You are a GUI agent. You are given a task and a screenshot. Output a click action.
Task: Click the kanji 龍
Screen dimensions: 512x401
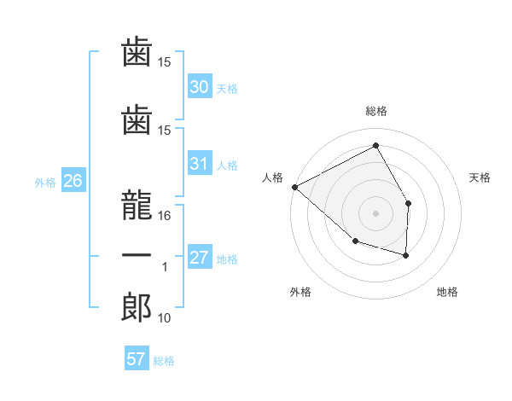(137, 205)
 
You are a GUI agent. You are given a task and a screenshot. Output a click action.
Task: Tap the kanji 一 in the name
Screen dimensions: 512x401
(137, 255)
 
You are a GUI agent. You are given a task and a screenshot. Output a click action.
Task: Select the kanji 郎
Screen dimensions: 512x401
(137, 307)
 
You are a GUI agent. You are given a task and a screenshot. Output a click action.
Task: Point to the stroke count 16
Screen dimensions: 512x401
(164, 216)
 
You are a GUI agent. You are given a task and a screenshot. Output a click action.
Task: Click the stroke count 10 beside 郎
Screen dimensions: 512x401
(164, 317)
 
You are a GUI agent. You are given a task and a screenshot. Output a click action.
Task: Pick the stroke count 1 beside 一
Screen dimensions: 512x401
(165, 267)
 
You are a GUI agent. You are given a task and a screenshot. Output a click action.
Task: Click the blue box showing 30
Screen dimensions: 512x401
(200, 85)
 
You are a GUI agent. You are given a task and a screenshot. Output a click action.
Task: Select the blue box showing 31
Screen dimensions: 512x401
(200, 162)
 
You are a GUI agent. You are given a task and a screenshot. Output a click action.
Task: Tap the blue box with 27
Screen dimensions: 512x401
(200, 256)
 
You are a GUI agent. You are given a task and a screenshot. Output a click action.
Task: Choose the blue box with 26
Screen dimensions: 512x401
(73, 180)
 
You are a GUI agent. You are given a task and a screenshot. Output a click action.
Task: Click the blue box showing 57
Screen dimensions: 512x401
(137, 357)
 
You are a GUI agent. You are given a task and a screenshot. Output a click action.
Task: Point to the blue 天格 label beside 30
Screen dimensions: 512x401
(227, 89)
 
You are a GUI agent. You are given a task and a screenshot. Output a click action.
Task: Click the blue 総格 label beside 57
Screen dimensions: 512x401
(164, 361)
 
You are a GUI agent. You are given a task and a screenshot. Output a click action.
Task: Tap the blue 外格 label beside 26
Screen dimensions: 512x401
(45, 183)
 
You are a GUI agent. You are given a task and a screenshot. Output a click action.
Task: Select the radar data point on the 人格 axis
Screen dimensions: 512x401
(295, 187)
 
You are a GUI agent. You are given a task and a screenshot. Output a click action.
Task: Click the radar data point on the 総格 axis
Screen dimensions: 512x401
(375, 145)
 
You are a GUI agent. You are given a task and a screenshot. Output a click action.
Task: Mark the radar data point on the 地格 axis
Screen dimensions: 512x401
(405, 255)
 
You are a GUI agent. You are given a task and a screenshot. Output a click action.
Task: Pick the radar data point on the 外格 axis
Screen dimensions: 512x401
(356, 241)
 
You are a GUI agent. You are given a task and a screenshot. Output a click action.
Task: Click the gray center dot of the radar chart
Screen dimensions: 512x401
(375, 213)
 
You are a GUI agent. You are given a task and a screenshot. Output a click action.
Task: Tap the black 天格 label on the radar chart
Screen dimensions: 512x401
(480, 177)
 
